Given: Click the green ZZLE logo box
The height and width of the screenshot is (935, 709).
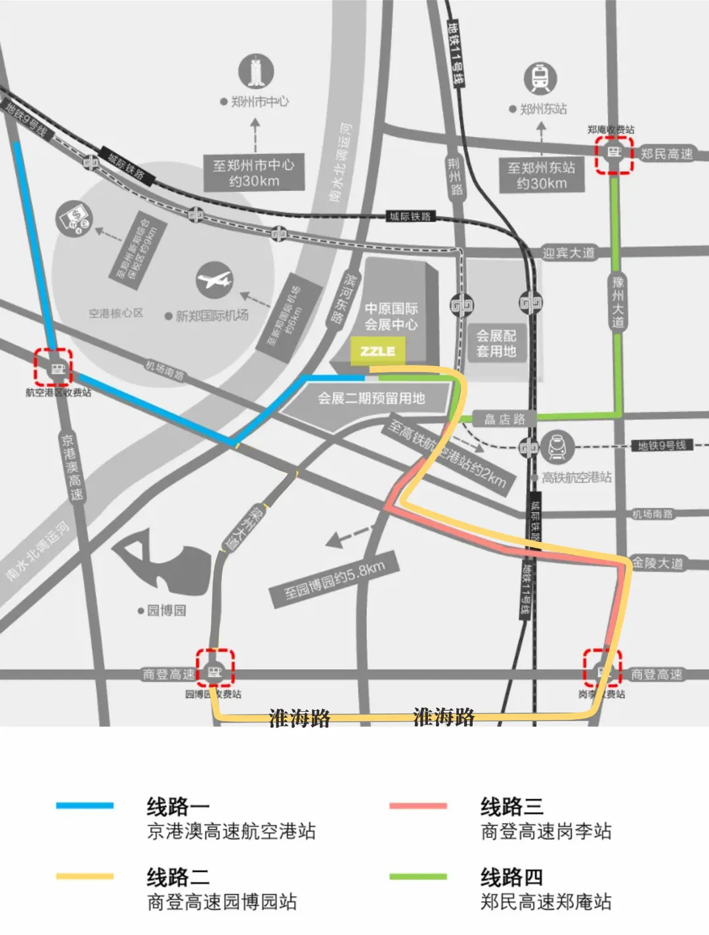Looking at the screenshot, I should tap(378, 351).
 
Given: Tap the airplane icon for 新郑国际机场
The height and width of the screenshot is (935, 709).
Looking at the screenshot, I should tap(215, 280).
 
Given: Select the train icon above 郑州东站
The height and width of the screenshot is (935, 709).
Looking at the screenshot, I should tap(540, 78).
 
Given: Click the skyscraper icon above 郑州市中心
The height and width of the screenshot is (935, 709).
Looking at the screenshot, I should tap(255, 72).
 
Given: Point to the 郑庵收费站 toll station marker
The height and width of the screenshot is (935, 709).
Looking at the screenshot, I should tap(614, 154).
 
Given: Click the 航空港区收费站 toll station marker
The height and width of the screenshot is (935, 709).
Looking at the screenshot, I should tap(53, 367).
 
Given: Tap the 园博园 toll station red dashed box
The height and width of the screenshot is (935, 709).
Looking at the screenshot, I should tap(215, 668).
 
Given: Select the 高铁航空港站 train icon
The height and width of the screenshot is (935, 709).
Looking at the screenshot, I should tap(557, 447).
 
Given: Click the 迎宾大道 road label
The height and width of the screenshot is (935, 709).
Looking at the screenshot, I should tap(569, 253).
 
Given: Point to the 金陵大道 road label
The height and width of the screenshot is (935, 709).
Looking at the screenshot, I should tap(657, 563).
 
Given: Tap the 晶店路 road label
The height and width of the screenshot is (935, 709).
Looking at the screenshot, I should tap(504, 419).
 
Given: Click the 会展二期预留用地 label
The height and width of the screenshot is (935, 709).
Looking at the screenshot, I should tap(372, 398).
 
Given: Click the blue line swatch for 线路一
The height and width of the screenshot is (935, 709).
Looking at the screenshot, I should tap(85, 805).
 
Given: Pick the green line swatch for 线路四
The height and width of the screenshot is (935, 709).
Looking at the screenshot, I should tap(418, 876).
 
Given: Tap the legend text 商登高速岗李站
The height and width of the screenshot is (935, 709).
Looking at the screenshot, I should tap(546, 831).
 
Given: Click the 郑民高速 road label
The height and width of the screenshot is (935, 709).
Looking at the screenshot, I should tap(667, 154).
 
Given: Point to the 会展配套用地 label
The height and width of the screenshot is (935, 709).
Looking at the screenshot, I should tap(496, 343).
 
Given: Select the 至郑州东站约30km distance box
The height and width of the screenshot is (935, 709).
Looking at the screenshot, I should tap(541, 175).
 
